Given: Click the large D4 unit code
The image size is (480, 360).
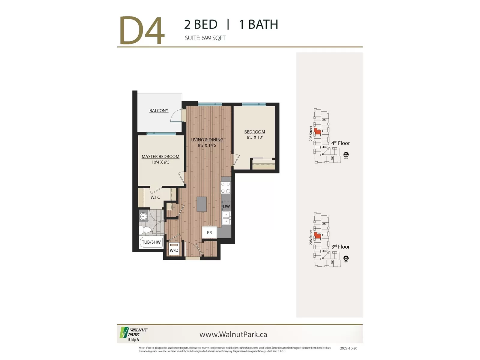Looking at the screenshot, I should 142,31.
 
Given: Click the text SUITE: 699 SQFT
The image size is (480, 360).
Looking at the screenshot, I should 205,38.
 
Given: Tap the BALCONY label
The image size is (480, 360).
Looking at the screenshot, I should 159,111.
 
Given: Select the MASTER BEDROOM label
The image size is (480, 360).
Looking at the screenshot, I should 160,157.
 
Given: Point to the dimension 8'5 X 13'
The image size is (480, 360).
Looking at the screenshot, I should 255,137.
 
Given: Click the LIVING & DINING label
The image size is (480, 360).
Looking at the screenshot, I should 207,140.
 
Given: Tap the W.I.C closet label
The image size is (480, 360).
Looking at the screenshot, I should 155,197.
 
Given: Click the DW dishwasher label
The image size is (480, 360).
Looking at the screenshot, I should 226,206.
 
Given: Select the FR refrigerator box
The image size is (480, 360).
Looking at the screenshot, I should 209,232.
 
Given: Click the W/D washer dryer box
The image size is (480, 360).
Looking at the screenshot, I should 174,250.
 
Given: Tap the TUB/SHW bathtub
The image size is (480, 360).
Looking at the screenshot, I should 151,242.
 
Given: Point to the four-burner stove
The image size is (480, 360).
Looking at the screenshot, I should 226,188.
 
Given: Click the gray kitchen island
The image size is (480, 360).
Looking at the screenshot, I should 202,204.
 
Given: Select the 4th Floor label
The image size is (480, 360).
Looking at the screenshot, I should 340,143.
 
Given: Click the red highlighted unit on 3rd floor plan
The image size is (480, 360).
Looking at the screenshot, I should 317,235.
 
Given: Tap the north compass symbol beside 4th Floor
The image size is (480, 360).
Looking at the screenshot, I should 346,155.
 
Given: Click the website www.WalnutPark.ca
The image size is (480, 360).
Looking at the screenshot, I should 233,334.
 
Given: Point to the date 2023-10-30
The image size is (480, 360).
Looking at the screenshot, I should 349,349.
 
